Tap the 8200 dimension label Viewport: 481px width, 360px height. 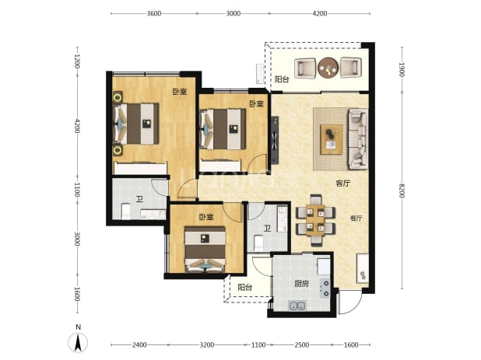[x=402, y=190]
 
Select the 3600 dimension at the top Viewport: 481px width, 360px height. [x=154, y=13]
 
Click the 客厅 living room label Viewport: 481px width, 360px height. [x=342, y=183]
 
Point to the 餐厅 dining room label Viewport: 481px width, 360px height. [x=356, y=218]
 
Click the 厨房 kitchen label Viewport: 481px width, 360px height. [x=301, y=284]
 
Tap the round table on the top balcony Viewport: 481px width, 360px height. [x=328, y=68]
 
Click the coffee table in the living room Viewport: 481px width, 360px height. [x=332, y=139]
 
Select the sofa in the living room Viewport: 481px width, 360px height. [x=358, y=138]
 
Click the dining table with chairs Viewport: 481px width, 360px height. [x=315, y=220]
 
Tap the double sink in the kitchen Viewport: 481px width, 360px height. [x=297, y=306]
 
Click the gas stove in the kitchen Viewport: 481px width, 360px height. [x=325, y=288]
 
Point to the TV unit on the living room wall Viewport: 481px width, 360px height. [x=275, y=140]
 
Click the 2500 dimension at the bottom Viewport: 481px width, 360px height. [x=301, y=345]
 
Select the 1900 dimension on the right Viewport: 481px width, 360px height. [x=402, y=69]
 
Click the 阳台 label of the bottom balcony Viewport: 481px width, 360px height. [x=245, y=287]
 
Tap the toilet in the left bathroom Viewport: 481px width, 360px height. [x=126, y=211]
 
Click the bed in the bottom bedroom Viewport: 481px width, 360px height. [x=205, y=249]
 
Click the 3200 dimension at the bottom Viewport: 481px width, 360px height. [x=207, y=345]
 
